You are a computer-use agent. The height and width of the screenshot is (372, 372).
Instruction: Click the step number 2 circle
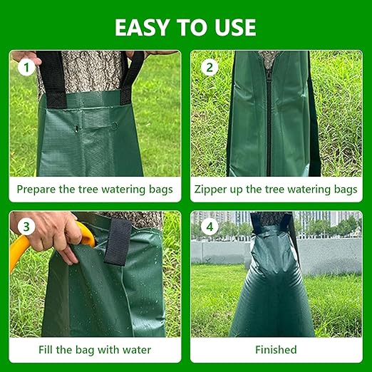[x=209, y=68]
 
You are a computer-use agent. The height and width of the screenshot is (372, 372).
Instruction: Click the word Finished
[x=276, y=350]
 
